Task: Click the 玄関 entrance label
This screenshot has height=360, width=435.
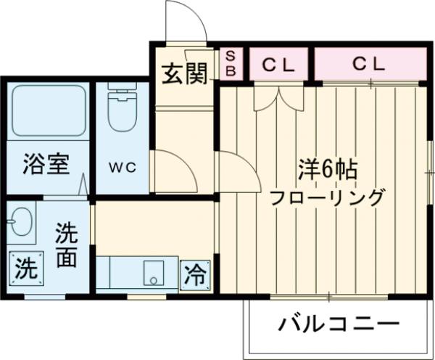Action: (x=185, y=73)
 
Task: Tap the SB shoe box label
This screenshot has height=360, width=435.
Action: (x=231, y=64)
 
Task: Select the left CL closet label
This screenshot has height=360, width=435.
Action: (x=279, y=65)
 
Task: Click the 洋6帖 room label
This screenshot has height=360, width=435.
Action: (x=327, y=170)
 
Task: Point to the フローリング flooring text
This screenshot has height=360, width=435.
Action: (x=328, y=197)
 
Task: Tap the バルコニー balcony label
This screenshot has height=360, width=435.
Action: (x=339, y=324)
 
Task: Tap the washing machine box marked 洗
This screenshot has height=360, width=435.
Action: (x=26, y=270)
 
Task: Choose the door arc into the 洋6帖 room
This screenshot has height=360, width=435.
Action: (x=238, y=173)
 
